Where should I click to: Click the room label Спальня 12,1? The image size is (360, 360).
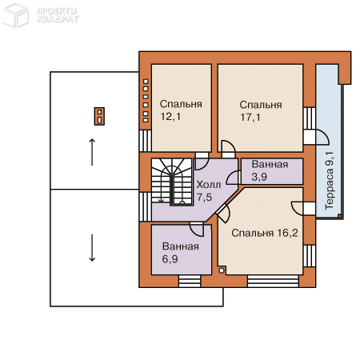point(181,110)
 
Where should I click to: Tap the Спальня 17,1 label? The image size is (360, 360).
point(261,111)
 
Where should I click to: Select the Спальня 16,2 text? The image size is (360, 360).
point(265,233)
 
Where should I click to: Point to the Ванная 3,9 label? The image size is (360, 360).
point(270,170)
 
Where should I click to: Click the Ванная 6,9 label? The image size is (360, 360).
point(181,253)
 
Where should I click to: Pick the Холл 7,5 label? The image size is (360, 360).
point(209,190)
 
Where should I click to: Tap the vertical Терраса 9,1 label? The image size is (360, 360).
point(330,181)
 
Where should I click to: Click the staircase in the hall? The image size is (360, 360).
point(172,182)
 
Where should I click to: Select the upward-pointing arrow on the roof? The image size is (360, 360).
point(92,152)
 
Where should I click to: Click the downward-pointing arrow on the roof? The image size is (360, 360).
point(92,248)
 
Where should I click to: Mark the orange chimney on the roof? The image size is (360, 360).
point(99,116)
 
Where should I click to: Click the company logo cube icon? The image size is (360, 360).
point(15,15)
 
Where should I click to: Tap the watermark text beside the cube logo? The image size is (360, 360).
point(58,15)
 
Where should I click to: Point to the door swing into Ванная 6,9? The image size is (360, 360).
point(197,230)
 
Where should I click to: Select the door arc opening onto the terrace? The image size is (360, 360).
point(322,137)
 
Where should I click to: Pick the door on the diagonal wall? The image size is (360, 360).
point(223,214)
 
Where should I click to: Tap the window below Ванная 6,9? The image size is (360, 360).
point(190,282)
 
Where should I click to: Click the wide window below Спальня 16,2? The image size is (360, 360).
point(273,282)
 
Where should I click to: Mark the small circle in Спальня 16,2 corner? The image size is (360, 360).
point(222,270)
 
